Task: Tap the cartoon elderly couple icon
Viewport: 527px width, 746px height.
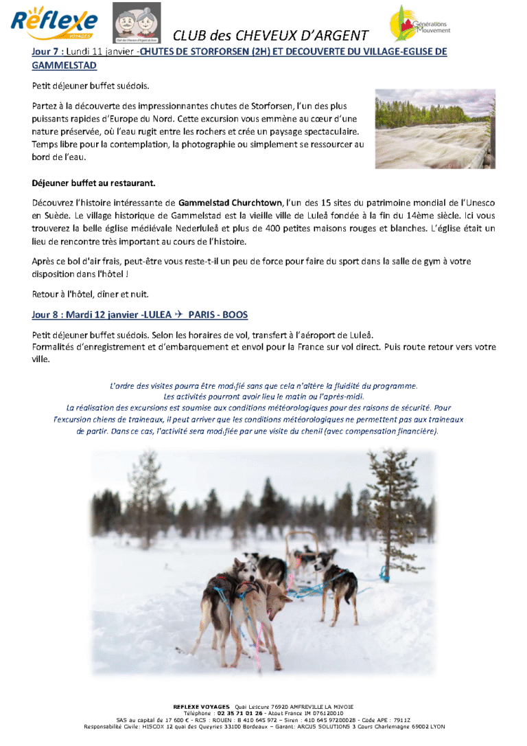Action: [136, 23]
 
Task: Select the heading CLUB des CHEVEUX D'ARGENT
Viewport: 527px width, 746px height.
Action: [270, 35]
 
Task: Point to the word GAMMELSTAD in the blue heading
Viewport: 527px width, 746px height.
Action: [65, 65]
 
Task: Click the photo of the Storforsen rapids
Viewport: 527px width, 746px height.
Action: [435, 128]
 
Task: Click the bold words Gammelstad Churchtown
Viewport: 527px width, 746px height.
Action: [230, 203]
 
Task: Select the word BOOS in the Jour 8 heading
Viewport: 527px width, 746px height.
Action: [234, 314]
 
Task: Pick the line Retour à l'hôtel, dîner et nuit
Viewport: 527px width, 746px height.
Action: [91, 294]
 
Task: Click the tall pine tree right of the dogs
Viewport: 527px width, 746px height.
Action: [395, 508]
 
